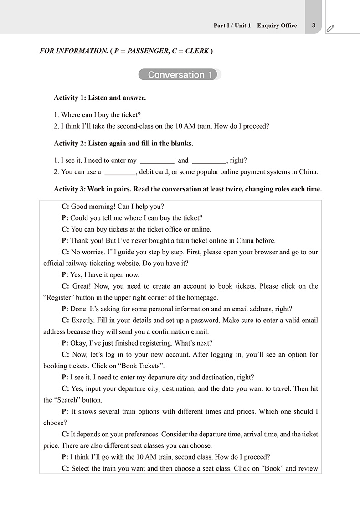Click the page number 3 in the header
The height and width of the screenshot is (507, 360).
(314, 26)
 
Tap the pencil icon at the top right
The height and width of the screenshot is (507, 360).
(330, 28)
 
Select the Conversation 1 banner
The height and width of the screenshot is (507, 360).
(180, 75)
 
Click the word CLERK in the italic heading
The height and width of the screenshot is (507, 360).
(196, 51)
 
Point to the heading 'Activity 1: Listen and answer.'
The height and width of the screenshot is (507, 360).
(100, 98)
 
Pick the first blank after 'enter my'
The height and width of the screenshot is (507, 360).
(157, 160)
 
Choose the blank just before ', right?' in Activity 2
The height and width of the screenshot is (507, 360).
(209, 160)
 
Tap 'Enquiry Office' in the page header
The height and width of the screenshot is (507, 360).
(277, 26)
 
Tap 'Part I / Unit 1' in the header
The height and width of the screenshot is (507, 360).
(232, 26)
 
